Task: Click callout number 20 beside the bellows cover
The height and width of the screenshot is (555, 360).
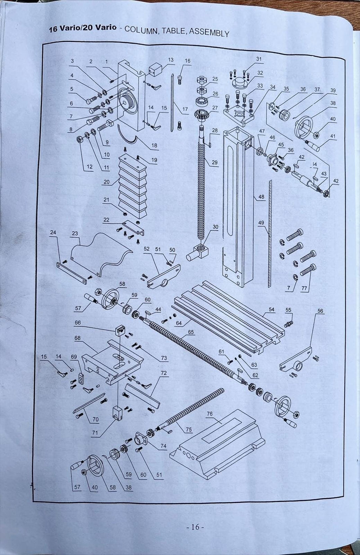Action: point(107,182)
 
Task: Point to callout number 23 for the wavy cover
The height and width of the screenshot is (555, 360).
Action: point(75,233)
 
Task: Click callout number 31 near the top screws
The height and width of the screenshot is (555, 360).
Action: point(259,59)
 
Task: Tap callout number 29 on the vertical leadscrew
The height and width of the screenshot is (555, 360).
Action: point(214,162)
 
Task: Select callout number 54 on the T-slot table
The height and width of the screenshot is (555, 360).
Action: point(271,310)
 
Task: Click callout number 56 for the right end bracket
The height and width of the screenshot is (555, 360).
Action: point(320,311)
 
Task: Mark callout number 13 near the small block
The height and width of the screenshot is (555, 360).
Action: point(171,60)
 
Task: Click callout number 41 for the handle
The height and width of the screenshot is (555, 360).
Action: point(333,136)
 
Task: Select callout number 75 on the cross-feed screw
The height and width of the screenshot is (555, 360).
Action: point(189,429)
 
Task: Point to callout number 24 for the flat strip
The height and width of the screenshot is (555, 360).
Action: point(53,233)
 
